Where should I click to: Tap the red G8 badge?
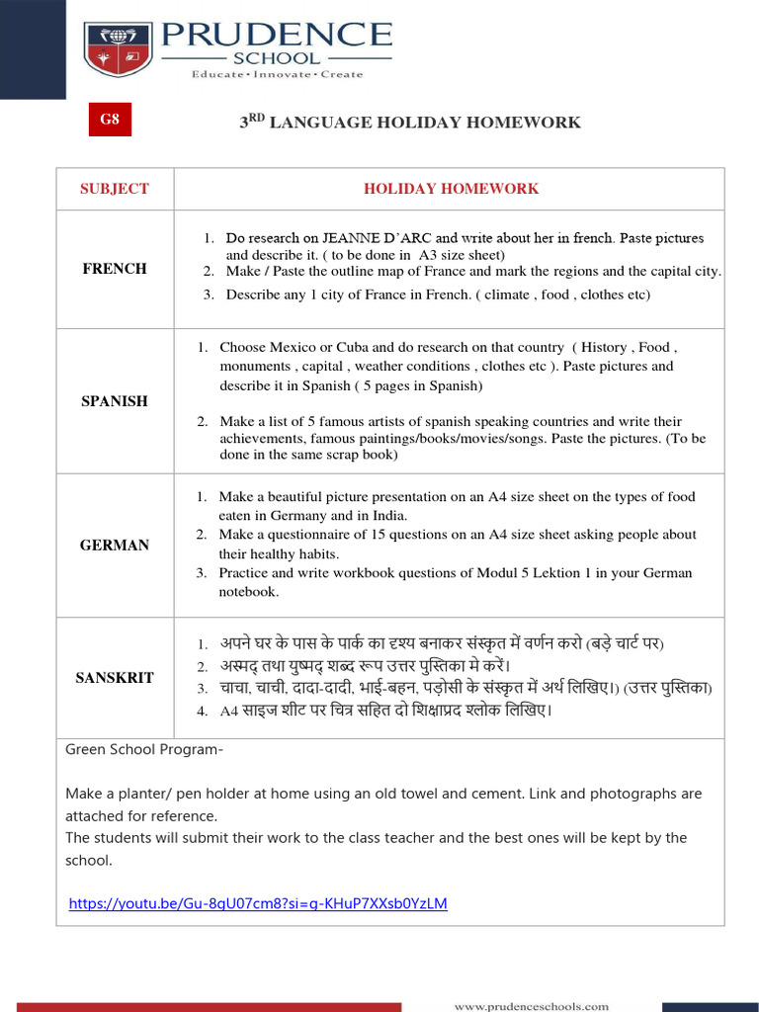point(109,120)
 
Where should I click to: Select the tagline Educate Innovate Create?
point(277,74)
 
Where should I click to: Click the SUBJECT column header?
point(115,188)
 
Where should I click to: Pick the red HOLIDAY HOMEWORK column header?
point(451,188)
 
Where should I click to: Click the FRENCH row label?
point(115,268)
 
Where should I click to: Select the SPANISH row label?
point(115,401)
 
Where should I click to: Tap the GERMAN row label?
point(115,545)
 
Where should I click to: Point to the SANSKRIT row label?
point(115,678)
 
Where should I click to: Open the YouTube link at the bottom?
point(258,903)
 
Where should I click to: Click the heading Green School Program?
point(144,750)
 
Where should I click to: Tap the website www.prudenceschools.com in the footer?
point(531,1006)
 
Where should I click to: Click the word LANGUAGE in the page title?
point(321,123)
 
